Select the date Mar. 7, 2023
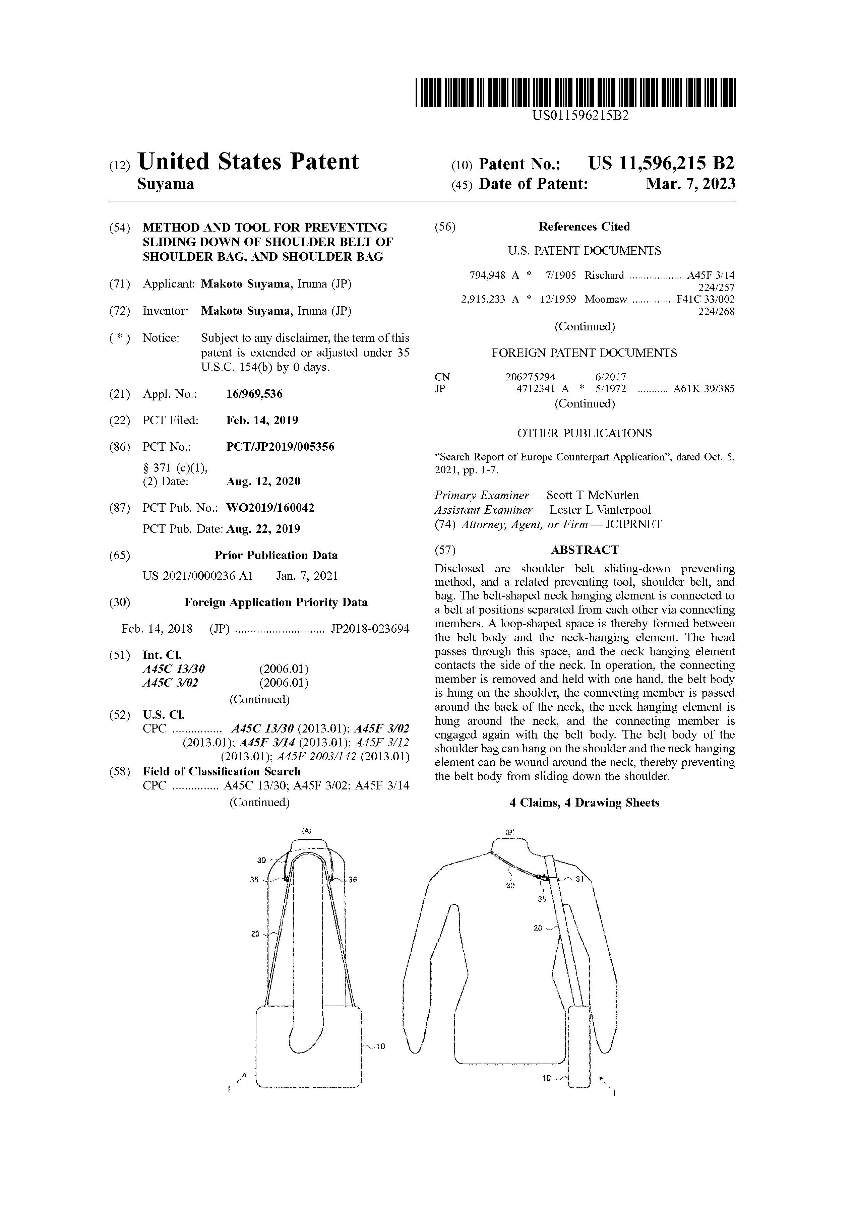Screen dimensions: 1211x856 click(690, 184)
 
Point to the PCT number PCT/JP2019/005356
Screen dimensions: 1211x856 click(280, 447)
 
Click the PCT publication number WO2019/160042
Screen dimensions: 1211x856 click(270, 508)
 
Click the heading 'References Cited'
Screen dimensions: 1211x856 click(584, 227)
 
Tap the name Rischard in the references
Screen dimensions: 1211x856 click(604, 275)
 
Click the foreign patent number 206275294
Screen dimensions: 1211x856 click(530, 377)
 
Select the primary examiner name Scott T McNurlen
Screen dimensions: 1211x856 click(592, 495)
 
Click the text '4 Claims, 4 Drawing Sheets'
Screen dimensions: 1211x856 click(585, 803)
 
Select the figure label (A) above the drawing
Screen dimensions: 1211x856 click(306, 830)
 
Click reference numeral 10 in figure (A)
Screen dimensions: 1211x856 click(381, 1046)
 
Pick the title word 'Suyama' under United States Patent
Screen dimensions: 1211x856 click(166, 184)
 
